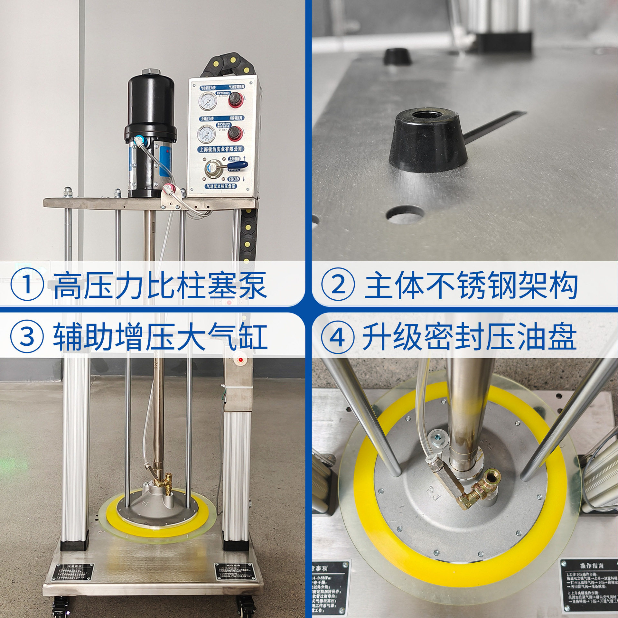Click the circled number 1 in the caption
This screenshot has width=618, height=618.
click(x=27, y=284)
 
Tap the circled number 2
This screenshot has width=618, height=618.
click(x=338, y=284)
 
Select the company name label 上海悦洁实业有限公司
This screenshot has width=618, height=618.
click(x=220, y=149)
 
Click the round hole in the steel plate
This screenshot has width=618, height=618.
click(x=405, y=214)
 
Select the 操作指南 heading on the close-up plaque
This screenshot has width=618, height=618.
click(x=592, y=566)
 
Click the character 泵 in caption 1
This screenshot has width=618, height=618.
click(x=253, y=285)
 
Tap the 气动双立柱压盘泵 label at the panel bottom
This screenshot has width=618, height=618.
click(x=221, y=186)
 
